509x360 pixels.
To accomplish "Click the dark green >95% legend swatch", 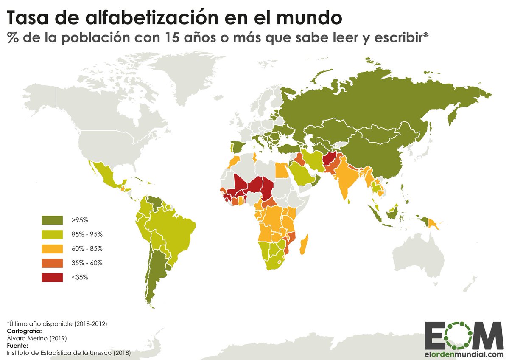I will pos(52,220).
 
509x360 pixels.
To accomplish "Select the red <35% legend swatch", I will pos(52,278).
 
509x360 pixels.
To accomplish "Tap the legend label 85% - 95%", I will pos(87,234).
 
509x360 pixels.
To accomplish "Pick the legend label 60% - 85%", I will pos(87,249).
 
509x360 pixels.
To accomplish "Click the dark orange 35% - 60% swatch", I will pos(52,263).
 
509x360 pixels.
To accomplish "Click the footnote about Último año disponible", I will pos(56,324).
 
